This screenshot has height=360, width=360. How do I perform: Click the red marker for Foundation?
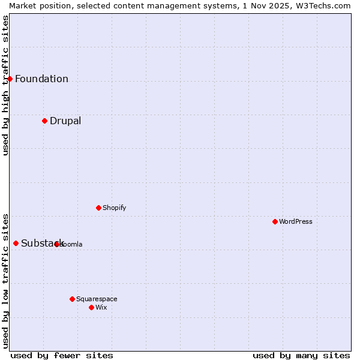(x=10, y=79)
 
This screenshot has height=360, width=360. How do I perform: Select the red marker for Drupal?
(x=44, y=121)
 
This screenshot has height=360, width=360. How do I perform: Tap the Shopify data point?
(x=98, y=208)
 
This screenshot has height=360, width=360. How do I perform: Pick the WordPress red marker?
(x=275, y=221)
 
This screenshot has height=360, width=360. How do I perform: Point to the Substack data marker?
(x=16, y=243)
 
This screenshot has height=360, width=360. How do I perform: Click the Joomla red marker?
(x=56, y=244)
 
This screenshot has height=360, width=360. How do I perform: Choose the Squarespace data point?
(x=72, y=299)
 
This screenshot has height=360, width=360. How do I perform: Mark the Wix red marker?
(x=91, y=307)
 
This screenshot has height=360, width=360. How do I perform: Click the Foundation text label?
(x=41, y=79)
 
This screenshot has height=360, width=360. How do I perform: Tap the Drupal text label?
(x=65, y=121)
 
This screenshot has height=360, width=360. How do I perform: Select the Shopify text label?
(x=114, y=208)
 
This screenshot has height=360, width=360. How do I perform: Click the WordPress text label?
(x=296, y=221)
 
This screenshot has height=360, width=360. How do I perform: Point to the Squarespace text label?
(x=97, y=299)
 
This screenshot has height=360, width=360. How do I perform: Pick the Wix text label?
(x=101, y=307)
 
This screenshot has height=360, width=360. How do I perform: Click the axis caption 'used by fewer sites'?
(x=62, y=355)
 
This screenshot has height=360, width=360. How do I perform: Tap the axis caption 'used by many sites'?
(x=301, y=355)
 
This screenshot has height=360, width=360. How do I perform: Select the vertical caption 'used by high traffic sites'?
(x=5, y=85)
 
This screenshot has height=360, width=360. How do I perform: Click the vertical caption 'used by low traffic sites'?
(x=5, y=280)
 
